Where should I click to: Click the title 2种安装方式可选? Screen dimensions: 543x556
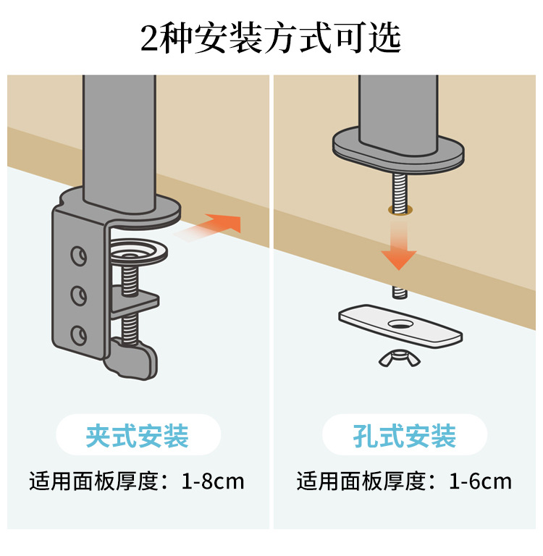click(271, 38)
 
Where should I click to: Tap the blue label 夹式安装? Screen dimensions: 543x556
click(138, 435)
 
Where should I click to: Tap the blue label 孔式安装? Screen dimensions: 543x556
click(404, 435)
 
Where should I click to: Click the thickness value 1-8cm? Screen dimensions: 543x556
click(213, 481)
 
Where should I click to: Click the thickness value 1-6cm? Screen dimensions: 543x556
click(480, 481)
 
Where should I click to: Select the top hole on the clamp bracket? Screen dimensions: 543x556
click(78, 256)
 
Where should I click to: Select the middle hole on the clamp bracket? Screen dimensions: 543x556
click(78, 295)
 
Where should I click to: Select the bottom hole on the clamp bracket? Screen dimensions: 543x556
click(78, 335)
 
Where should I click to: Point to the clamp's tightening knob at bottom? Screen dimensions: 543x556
click(132, 359)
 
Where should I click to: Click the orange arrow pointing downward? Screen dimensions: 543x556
click(399, 245)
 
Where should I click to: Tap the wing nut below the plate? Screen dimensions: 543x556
click(400, 358)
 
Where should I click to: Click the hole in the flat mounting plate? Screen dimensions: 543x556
click(400, 324)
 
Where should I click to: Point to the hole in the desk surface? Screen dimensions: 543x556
click(400, 209)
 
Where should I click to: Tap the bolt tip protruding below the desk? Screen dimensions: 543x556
click(400, 292)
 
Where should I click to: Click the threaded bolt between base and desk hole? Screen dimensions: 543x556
click(400, 191)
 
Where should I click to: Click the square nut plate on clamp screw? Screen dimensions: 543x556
click(134, 301)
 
